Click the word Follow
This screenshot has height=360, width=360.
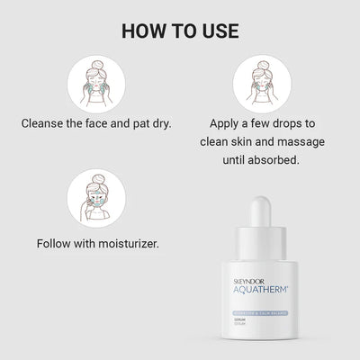point(58,244)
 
